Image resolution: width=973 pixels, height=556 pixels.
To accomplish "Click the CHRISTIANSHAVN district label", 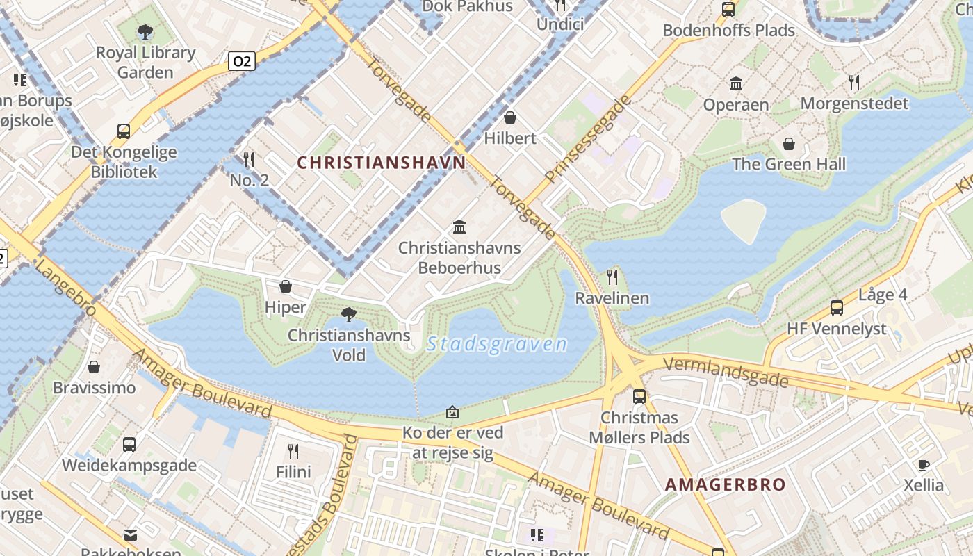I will pyautogui.click(x=382, y=163).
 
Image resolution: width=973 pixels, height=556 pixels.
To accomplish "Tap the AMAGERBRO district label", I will pyautogui.click(x=726, y=484).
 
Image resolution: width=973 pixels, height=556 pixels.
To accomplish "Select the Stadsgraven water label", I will pyautogui.click(x=497, y=344).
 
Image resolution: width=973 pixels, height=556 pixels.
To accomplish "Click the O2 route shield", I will pyautogui.click(x=241, y=61).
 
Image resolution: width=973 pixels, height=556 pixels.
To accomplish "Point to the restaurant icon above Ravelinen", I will pyautogui.click(x=612, y=277).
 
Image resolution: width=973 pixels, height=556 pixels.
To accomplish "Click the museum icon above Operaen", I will pyautogui.click(x=736, y=84).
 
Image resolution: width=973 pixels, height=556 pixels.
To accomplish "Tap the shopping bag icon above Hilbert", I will pyautogui.click(x=510, y=117).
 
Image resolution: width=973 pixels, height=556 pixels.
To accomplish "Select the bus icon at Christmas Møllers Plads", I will pyautogui.click(x=639, y=397).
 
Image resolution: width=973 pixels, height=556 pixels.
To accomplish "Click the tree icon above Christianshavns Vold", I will pyautogui.click(x=349, y=315).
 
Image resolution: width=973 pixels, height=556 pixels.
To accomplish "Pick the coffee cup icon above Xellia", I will pyautogui.click(x=924, y=465).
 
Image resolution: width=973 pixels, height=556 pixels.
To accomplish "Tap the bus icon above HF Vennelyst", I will pyautogui.click(x=837, y=307).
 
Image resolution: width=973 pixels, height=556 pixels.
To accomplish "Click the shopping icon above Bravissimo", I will pyautogui.click(x=94, y=367).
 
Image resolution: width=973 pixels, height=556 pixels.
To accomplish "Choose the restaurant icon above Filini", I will pyautogui.click(x=293, y=452).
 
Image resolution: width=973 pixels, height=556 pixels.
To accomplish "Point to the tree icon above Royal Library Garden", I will pyautogui.click(x=145, y=31).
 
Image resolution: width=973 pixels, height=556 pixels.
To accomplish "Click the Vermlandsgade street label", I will pyautogui.click(x=726, y=372).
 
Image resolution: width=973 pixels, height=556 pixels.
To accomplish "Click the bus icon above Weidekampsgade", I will pyautogui.click(x=129, y=445).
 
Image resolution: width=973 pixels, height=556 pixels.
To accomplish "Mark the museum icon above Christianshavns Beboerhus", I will pyautogui.click(x=459, y=227).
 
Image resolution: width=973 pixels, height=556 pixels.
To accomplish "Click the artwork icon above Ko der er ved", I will pyautogui.click(x=452, y=412).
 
